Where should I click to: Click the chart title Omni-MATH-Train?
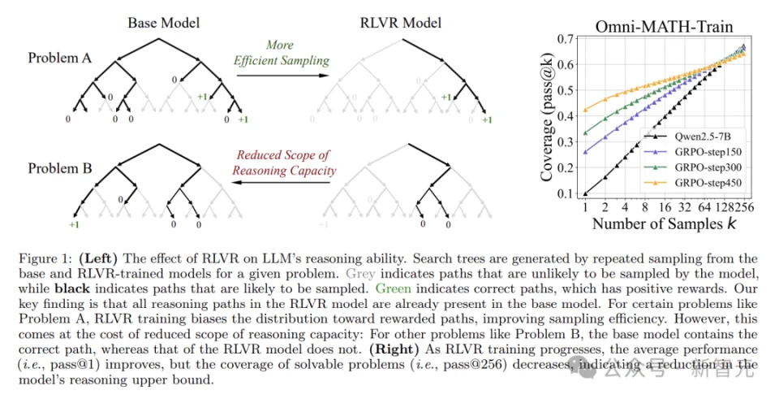[664, 26]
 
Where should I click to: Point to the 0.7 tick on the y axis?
[565, 39]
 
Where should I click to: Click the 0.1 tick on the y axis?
[565, 193]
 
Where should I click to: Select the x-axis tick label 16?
[665, 207]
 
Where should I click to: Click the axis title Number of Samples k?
[664, 223]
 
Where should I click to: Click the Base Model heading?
[163, 23]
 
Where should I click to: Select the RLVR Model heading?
[400, 23]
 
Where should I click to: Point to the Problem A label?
[59, 58]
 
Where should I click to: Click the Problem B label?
[59, 168]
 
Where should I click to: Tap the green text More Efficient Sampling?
[282, 53]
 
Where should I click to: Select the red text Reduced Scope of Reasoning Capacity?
[284, 163]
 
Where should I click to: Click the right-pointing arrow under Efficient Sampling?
[282, 76]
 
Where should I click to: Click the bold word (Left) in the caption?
[98, 258]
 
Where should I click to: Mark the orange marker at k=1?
[585, 110]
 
